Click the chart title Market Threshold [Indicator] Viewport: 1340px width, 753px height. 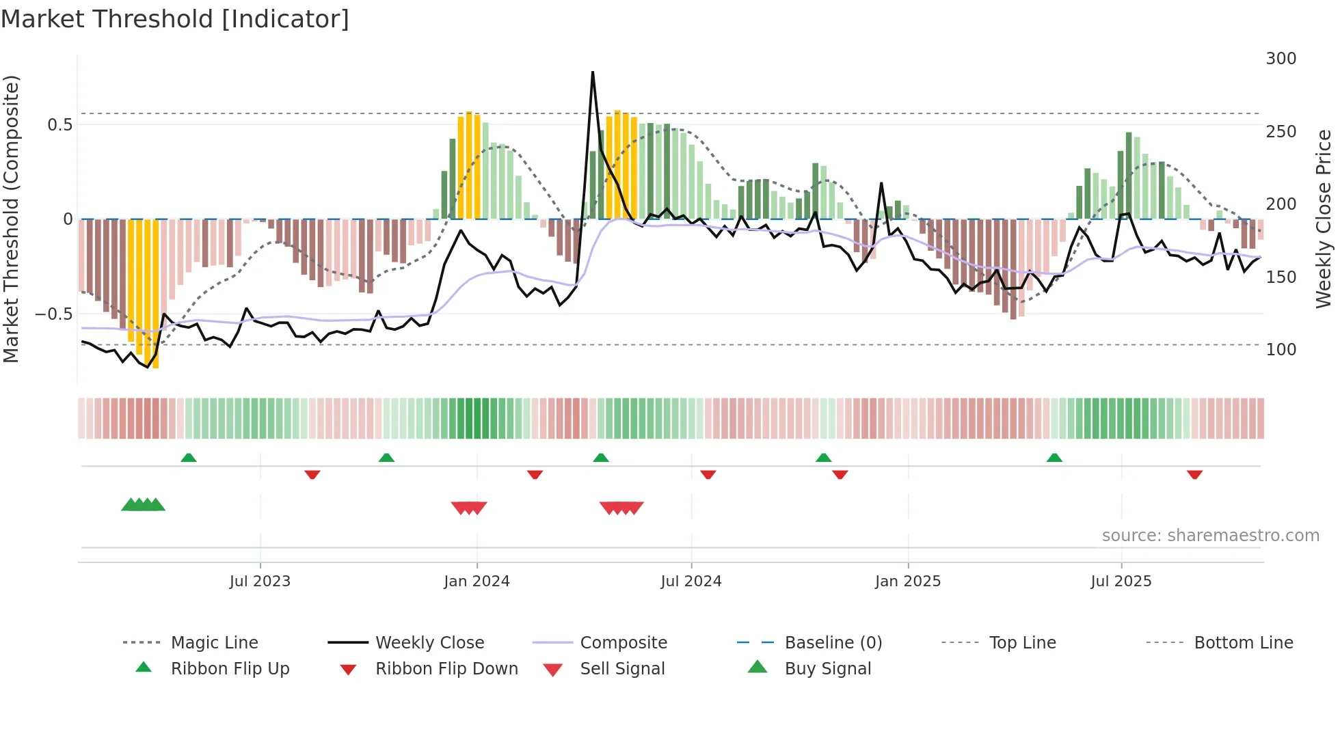click(x=175, y=19)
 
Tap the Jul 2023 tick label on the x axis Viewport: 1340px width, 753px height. click(x=260, y=581)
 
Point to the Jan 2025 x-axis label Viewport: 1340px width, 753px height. click(x=908, y=581)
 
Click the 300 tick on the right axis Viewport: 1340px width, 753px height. click(x=1281, y=59)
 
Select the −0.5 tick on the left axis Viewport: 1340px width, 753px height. click(x=53, y=314)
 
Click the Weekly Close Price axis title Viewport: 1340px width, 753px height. click(x=1324, y=219)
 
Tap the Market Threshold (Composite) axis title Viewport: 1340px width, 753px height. click(x=11, y=219)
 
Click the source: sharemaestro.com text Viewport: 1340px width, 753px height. click(x=1210, y=536)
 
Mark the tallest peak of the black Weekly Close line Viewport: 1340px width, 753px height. click(x=592, y=72)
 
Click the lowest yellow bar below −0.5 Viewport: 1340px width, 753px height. click(x=156, y=366)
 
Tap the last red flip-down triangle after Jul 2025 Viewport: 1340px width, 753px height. click(x=1194, y=475)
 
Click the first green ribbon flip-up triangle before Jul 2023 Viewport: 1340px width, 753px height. click(x=189, y=457)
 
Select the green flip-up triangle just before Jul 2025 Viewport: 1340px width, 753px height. click(x=1054, y=457)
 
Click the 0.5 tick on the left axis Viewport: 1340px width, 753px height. click(x=59, y=125)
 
